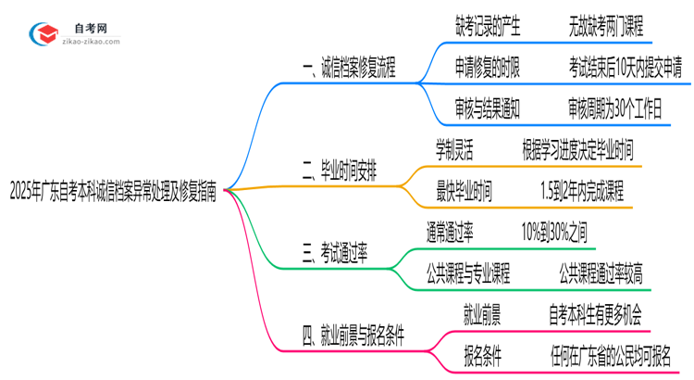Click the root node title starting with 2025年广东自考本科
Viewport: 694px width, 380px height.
point(114,191)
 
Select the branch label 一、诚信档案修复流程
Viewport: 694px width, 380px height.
point(349,68)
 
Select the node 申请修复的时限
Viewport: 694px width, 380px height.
point(487,68)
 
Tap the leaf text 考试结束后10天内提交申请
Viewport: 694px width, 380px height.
point(626,68)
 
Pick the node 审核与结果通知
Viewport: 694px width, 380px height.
point(487,108)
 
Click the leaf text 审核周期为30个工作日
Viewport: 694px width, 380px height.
point(615,108)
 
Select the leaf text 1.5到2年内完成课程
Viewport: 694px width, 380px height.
point(582,190)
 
